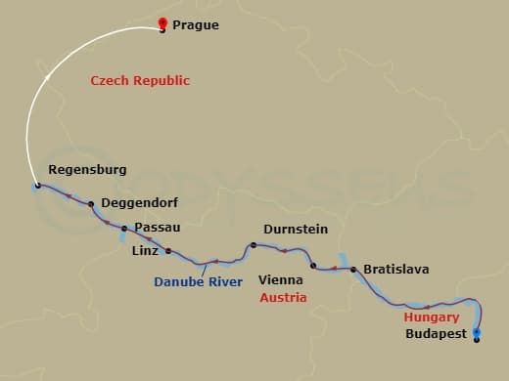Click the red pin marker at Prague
(x=162, y=24)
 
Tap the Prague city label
(x=195, y=25)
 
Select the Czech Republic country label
(x=140, y=81)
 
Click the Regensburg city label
(x=87, y=169)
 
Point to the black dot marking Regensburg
(x=37, y=186)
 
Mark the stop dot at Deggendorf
(x=91, y=204)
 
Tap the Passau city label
(x=158, y=228)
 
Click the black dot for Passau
(x=124, y=229)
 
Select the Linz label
(x=144, y=250)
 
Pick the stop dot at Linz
(x=168, y=251)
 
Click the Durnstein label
(x=295, y=230)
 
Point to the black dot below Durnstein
(x=253, y=245)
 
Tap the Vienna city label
(x=280, y=279)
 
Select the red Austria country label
(x=283, y=297)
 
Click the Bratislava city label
(x=395, y=269)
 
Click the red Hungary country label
(x=432, y=317)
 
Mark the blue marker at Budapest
(x=477, y=334)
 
